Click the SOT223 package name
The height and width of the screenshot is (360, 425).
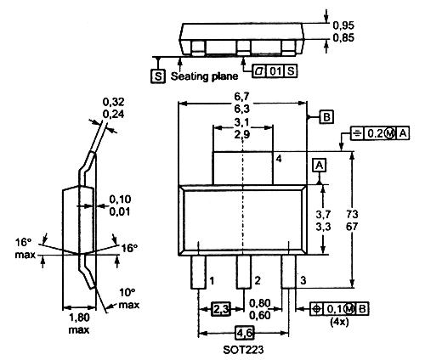coord(243,350)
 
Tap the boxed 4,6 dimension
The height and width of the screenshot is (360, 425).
coord(245,333)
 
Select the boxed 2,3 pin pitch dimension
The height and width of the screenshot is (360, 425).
coord(221,309)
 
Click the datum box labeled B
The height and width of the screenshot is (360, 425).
coord(326,117)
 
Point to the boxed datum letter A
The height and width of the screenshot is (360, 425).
coord(320,166)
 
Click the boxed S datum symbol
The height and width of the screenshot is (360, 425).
coord(158,76)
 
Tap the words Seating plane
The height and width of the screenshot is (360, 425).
coord(204,76)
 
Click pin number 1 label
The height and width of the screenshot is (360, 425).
coord(212,281)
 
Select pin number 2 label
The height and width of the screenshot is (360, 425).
coord(258,280)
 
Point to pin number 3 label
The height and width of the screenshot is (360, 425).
coord(303,280)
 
